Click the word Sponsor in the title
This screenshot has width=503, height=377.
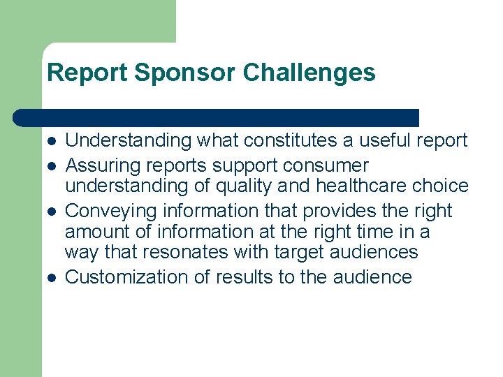(178, 73)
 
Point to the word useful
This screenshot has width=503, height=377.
(384, 140)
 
